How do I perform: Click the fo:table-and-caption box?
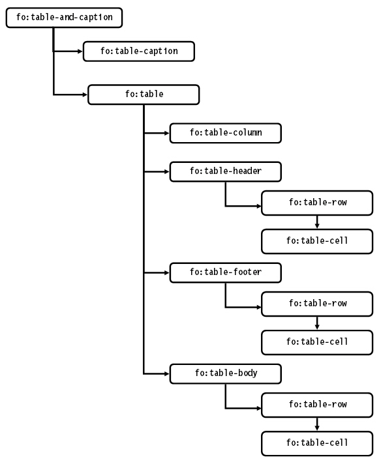pyautogui.click(x=64, y=18)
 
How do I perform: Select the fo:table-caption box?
pyautogui.click(x=139, y=51)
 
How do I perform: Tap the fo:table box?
pyautogui.click(x=144, y=95)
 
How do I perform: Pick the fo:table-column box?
pyautogui.click(x=226, y=133)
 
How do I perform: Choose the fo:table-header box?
pyautogui.click(x=226, y=172)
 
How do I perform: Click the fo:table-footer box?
pyautogui.click(x=226, y=272)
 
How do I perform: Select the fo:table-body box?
pyautogui.click(x=226, y=373)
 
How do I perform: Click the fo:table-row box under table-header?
pyautogui.click(x=317, y=203)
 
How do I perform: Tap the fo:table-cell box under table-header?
pyautogui.click(x=317, y=241)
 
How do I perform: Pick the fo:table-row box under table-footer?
pyautogui.click(x=317, y=304)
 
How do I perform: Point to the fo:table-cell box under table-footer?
pyautogui.click(x=317, y=342)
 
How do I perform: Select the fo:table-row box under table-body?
pyautogui.click(x=317, y=405)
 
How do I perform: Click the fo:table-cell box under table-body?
pyautogui.click(x=317, y=443)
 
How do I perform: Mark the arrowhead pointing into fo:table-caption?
pyautogui.click(x=80, y=51)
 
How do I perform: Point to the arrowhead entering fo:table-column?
pyautogui.click(x=167, y=133)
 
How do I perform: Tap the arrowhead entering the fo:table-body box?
pyautogui.click(x=167, y=373)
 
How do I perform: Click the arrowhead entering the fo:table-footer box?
pyautogui.click(x=167, y=272)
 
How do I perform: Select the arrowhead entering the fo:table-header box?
pyautogui.click(x=167, y=172)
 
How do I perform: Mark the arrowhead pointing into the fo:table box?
pyautogui.click(x=85, y=95)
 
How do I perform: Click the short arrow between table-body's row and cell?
pyautogui.click(x=317, y=424)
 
